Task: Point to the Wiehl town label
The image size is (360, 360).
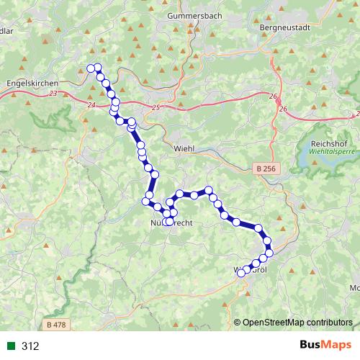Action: click(185, 148)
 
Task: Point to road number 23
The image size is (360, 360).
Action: click(55, 94)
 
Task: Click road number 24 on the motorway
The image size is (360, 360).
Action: click(90, 106)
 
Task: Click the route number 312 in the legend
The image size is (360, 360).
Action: click(30, 346)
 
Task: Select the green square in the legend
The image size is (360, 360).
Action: click(12, 346)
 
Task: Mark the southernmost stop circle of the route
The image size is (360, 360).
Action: click(242, 273)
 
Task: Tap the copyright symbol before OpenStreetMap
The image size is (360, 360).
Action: click(238, 322)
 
